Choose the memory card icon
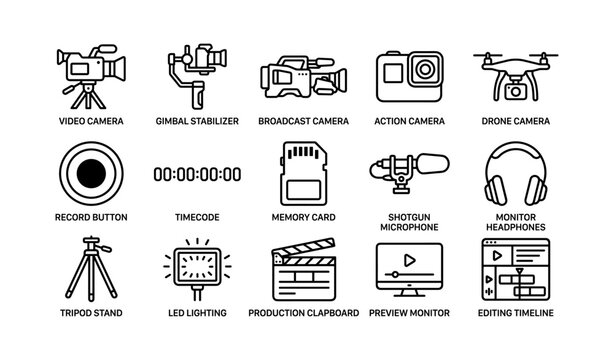(303, 173)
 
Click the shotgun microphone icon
(410, 171)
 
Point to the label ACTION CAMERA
(409, 120)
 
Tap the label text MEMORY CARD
(303, 217)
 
